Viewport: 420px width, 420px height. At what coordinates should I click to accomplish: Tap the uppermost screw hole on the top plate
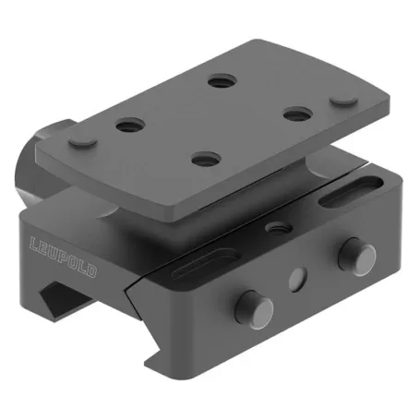pos(220,82)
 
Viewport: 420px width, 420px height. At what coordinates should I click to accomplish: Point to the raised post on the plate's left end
pos(81,140)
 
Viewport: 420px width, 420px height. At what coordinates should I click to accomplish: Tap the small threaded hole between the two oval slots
pos(273,224)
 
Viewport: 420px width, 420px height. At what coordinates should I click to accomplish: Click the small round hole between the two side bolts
pos(296,276)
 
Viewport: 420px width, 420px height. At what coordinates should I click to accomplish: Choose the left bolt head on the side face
pos(249,304)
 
